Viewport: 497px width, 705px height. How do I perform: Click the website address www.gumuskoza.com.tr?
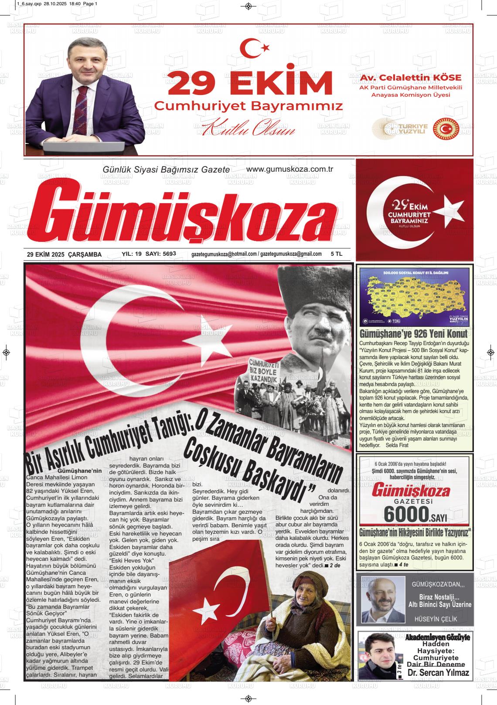[x=289, y=169]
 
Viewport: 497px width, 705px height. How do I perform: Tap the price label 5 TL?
[x=337, y=254]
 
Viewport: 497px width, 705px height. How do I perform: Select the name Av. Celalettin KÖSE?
[x=411, y=78]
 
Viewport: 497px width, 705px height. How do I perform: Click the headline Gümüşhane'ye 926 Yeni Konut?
[x=413, y=334]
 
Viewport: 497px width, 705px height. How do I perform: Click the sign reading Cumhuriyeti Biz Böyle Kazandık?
[x=263, y=371]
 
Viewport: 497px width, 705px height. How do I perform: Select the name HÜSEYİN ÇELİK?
[x=437, y=619]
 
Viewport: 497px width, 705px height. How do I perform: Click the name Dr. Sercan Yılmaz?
[x=438, y=673]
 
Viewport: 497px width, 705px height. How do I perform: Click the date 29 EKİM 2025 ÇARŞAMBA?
[x=64, y=254]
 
